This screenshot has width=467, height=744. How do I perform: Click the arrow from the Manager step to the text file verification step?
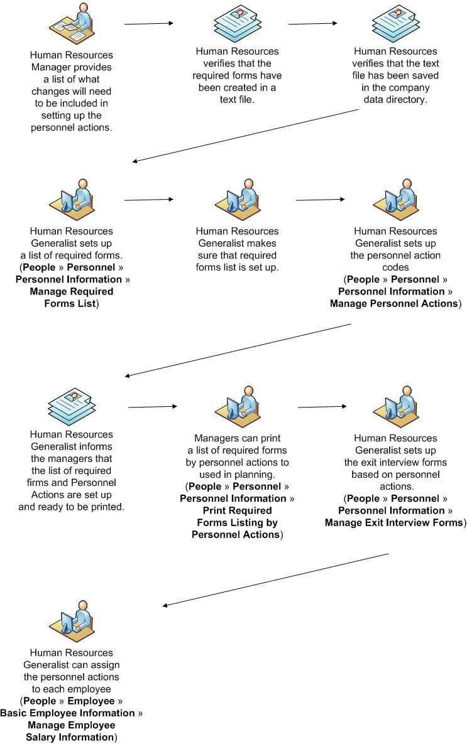148,24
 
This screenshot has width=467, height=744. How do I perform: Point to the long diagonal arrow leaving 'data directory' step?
245,136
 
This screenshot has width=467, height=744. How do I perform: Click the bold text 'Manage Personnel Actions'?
394,304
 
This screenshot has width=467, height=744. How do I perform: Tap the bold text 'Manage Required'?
72,292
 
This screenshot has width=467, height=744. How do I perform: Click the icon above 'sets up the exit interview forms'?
395,406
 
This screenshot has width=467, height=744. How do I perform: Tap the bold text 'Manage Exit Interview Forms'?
394,523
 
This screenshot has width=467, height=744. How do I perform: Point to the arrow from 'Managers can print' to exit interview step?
322,407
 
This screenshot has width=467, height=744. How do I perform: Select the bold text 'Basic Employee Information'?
68,713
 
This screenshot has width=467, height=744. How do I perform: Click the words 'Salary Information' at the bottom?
70,737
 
